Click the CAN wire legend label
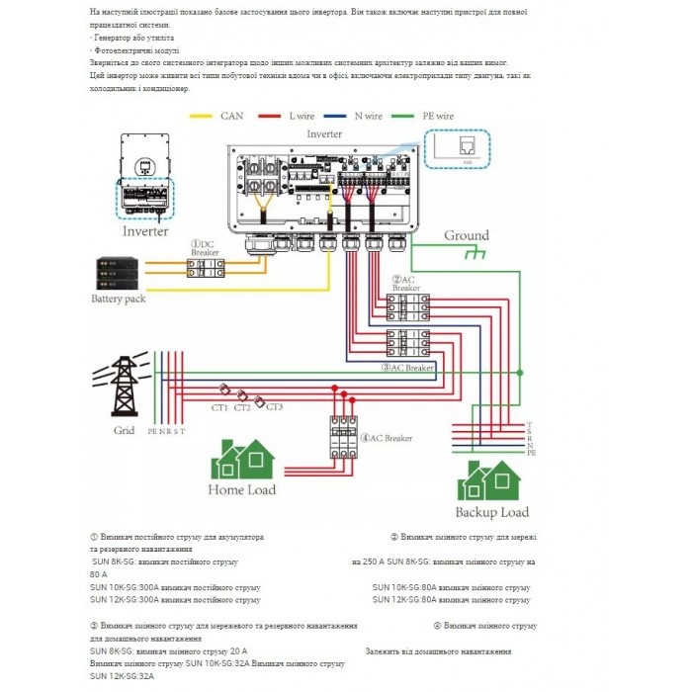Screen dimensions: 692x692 pos(232,116)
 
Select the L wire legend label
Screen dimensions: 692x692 pos(303,116)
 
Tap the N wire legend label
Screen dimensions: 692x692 pos(370,116)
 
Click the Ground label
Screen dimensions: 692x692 pos(466,235)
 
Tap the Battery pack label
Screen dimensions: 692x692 pos(119,298)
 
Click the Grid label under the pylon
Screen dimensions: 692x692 pos(124,431)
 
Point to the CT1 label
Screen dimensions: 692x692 pos(218,407)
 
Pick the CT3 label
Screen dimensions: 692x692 pos(274,407)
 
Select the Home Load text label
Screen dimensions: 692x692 pos(242,489)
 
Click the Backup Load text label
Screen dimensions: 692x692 pos(491,512)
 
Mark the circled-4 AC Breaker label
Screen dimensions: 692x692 pos(387,437)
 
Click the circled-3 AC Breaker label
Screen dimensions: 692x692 pos(408,368)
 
